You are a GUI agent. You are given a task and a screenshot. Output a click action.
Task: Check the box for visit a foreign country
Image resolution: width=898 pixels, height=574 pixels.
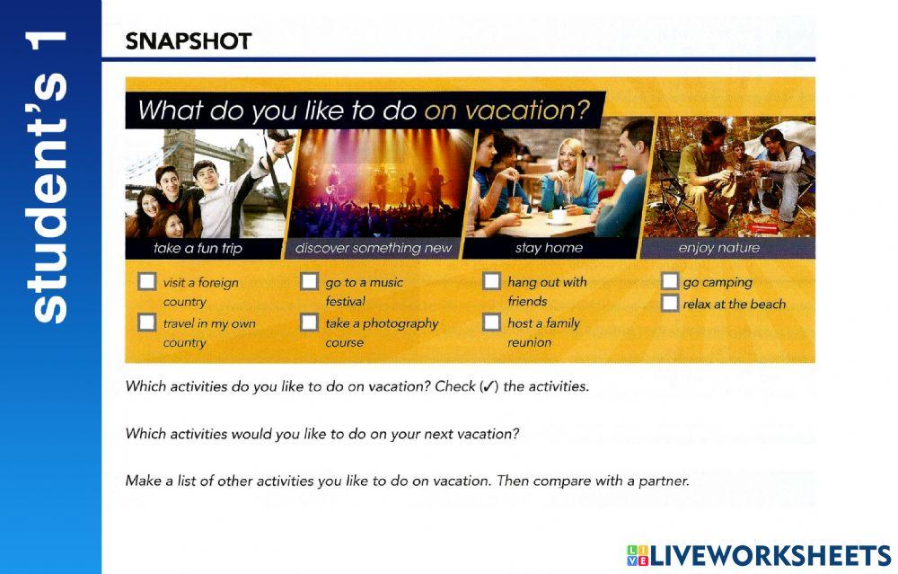146,282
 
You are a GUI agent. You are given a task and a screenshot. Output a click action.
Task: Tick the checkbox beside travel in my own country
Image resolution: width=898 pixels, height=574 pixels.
146,322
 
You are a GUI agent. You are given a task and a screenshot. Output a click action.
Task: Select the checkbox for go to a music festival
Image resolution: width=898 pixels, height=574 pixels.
309,282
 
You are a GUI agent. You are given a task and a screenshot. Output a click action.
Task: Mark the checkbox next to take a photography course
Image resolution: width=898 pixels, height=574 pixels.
309,322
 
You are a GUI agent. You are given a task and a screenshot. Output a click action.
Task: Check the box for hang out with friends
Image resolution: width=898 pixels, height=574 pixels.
491,281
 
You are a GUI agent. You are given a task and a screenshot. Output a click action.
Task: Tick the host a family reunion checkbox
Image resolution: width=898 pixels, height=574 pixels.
491,322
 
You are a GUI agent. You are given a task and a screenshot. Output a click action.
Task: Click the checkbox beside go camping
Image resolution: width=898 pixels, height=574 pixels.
670,282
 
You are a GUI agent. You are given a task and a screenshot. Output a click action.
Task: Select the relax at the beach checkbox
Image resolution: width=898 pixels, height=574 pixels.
670,304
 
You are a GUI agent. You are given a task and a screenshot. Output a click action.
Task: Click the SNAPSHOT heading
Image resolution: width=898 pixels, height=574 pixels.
189,41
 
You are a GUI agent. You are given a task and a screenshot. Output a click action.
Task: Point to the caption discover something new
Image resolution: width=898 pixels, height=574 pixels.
374,249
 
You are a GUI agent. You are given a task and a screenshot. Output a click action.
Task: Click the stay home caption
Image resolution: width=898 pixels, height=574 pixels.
549,249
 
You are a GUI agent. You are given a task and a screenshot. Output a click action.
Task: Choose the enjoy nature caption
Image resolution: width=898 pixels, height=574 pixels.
718,249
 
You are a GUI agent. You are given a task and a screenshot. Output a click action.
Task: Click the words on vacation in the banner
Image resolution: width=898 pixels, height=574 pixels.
507,111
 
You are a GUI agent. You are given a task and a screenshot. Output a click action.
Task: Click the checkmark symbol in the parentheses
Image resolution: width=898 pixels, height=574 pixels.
489,387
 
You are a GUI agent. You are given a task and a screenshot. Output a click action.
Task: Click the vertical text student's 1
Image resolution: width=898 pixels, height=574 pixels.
50,175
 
